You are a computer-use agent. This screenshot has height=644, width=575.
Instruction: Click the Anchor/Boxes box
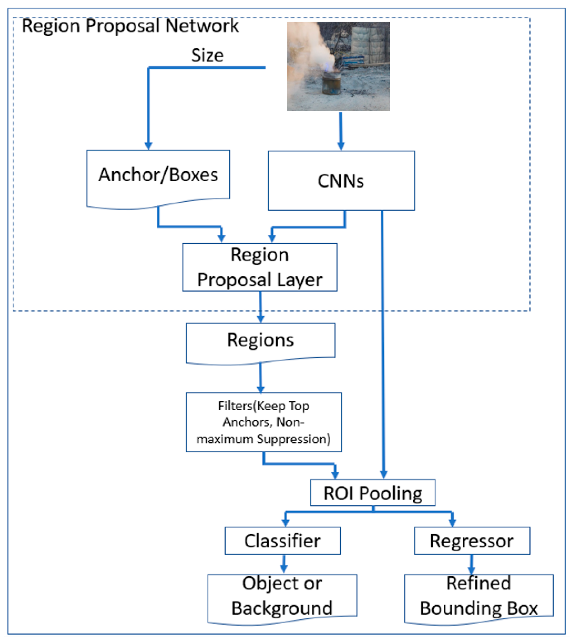click(x=158, y=176)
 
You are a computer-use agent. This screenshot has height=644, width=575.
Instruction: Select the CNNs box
click(x=341, y=181)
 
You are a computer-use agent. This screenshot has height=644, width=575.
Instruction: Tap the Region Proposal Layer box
click(x=260, y=267)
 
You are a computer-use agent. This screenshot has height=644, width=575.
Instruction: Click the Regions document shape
click(x=261, y=341)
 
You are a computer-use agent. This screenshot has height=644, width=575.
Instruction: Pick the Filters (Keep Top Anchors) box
click(x=264, y=422)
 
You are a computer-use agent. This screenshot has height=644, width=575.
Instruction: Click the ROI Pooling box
click(x=373, y=493)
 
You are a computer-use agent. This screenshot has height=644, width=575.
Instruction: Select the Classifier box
click(x=282, y=541)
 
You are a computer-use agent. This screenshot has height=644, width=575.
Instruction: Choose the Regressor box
click(x=472, y=541)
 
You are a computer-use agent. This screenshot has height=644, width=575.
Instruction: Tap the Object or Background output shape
click(x=282, y=596)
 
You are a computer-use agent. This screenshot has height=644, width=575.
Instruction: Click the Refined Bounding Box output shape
click(x=479, y=596)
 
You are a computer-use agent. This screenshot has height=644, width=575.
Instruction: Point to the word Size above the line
click(x=207, y=55)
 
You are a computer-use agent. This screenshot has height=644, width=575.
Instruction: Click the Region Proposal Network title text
click(x=130, y=26)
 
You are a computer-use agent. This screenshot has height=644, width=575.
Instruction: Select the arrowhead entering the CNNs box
click(x=341, y=146)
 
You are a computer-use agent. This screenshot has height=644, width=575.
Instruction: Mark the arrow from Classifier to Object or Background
click(x=284, y=564)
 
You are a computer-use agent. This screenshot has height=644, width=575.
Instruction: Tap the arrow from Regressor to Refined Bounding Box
click(x=472, y=564)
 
